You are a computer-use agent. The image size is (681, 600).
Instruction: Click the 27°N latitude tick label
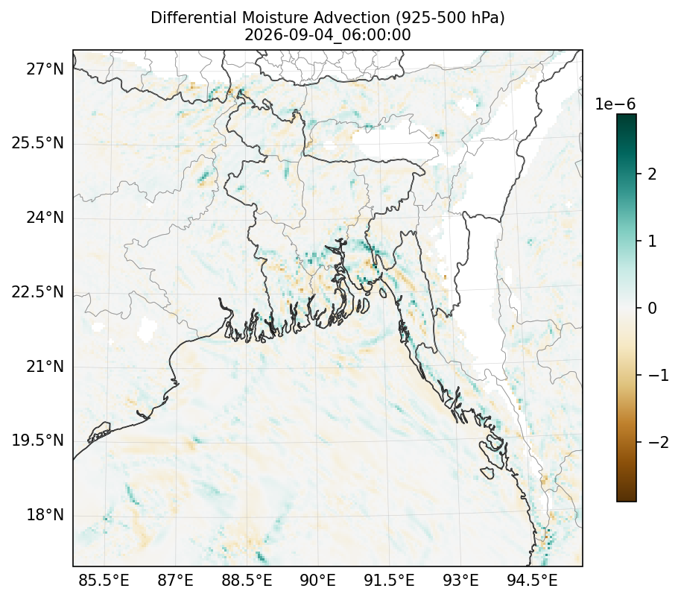tap(45, 69)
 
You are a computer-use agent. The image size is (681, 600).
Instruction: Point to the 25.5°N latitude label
tap(38, 143)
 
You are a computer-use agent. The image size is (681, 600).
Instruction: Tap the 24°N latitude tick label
tap(45, 217)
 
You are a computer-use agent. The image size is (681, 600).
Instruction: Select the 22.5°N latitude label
tap(38, 292)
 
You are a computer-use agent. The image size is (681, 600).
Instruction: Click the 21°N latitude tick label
tap(45, 366)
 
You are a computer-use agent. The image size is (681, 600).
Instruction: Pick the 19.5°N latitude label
tap(38, 440)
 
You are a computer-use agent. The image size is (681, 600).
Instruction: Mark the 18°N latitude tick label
tap(45, 515)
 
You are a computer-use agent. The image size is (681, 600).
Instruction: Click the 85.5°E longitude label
tap(104, 580)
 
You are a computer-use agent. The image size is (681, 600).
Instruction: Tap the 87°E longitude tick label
tap(175, 580)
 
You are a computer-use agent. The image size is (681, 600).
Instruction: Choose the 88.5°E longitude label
tap(247, 580)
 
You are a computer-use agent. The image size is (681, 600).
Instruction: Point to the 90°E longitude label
tap(318, 580)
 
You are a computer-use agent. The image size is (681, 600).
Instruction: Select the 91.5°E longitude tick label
tap(389, 580)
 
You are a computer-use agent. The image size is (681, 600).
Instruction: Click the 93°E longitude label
tap(460, 580)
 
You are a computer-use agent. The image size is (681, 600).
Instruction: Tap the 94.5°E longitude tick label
tap(532, 580)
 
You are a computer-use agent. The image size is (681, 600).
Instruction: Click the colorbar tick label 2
tap(652, 174)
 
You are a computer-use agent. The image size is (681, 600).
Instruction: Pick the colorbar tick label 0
tap(652, 308)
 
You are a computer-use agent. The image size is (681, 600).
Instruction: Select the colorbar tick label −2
tap(658, 442)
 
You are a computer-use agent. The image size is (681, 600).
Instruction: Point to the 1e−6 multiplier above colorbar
tap(615, 104)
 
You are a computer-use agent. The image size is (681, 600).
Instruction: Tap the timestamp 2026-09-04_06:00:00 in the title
tap(328, 35)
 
